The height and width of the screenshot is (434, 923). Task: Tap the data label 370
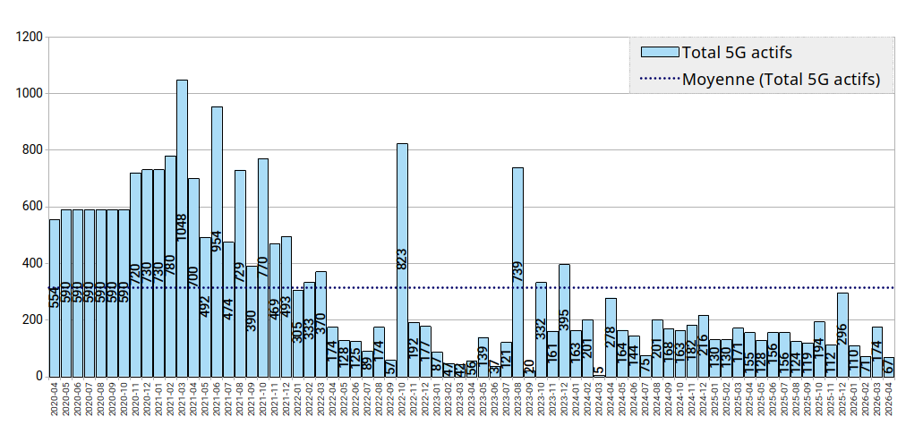tap(320, 324)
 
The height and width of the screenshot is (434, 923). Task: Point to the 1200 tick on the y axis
tap(30, 37)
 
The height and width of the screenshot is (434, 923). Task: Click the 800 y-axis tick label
tap(33, 150)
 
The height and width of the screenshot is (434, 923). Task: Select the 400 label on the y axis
tap(33, 263)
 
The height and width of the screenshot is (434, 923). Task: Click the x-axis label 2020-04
tap(55, 398)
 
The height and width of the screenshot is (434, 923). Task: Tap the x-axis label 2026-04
tap(889, 398)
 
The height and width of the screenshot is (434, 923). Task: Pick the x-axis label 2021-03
tap(182, 398)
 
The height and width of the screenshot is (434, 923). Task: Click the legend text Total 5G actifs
tap(737, 53)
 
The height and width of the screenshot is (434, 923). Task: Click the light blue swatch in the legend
tap(658, 53)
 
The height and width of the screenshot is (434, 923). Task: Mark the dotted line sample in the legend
tap(658, 79)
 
